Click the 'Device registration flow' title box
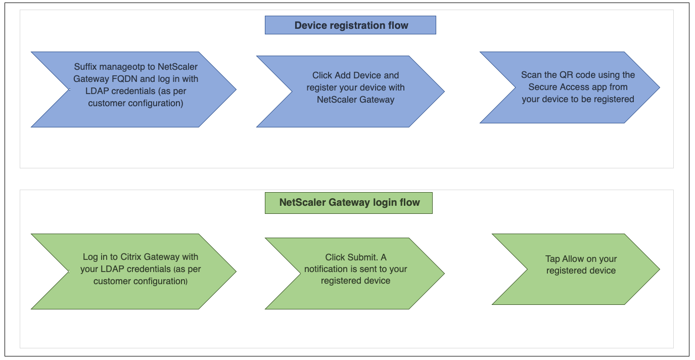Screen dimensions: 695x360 point(350,25)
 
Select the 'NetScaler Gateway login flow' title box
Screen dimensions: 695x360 point(348,203)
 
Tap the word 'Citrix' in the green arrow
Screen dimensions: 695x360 point(130,257)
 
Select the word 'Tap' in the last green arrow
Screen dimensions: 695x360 point(552,259)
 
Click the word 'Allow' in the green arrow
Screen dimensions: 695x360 point(573,259)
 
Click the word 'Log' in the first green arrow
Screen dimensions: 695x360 point(90,257)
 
